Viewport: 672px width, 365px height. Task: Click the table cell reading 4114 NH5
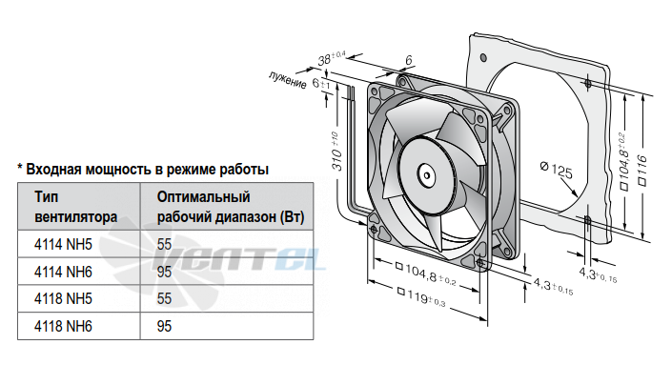click(x=63, y=244)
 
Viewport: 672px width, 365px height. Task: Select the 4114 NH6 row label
click(x=63, y=272)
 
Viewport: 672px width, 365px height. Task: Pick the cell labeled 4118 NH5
click(x=63, y=298)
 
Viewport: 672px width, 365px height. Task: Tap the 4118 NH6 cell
click(x=63, y=326)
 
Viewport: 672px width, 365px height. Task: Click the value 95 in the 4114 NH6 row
click(x=164, y=272)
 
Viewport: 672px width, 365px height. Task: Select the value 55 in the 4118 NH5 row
click(x=164, y=298)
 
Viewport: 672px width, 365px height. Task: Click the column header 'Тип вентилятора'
click(x=75, y=207)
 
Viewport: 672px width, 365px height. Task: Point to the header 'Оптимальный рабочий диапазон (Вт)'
click(x=231, y=207)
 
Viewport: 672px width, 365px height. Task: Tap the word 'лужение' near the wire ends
click(x=288, y=80)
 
